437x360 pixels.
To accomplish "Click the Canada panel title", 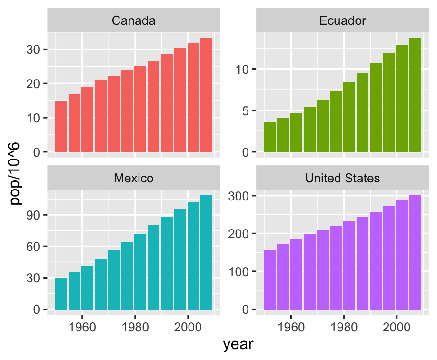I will coord(133,20).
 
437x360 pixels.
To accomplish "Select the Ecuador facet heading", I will coord(342,20).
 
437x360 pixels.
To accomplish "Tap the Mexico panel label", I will coord(133,178).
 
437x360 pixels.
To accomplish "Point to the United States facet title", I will coord(342,178).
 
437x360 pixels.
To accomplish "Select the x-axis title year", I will coord(238,345).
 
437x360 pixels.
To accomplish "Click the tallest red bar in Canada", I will coord(206,95).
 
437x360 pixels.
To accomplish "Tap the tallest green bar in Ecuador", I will coord(415,95).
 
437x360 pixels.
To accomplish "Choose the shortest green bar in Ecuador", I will coord(270,137).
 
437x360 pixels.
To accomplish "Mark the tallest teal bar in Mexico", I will coord(206,252).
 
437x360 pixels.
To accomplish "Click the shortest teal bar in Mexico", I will coord(61,293).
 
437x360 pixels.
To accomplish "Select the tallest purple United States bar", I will coord(415,252).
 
